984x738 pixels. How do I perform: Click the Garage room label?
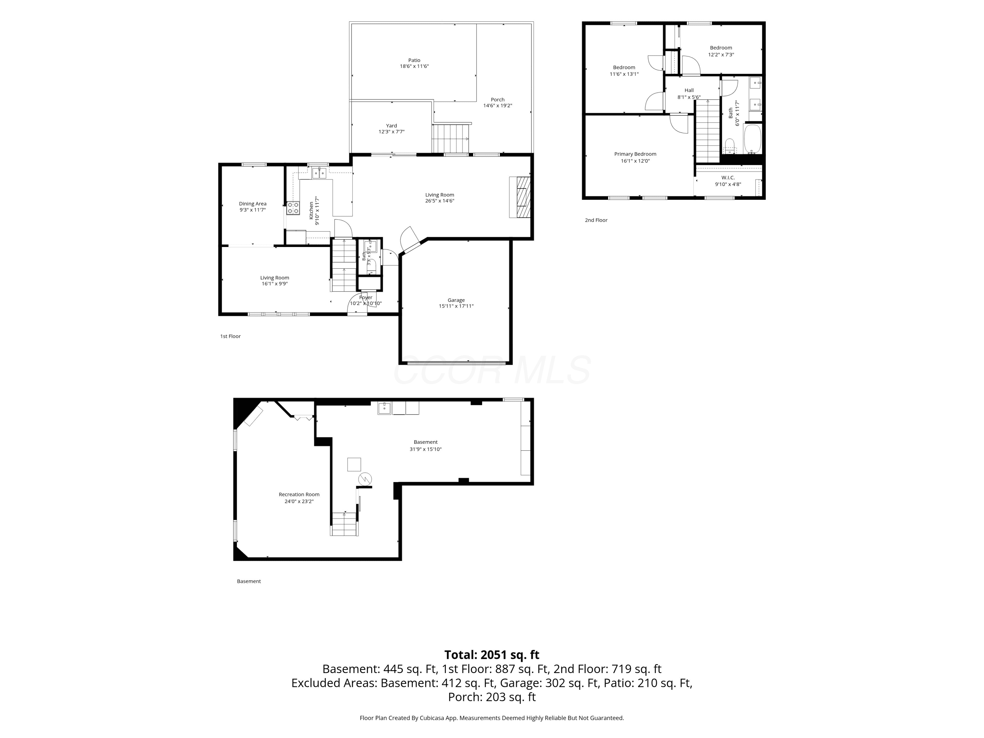coord(456,300)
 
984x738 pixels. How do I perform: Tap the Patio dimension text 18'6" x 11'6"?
coord(414,66)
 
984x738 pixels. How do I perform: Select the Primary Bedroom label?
coord(635,154)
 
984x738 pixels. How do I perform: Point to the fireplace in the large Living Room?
coord(520,197)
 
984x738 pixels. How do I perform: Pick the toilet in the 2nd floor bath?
coord(729,146)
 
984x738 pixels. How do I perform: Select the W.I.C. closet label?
coord(728,177)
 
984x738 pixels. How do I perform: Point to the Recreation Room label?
coord(299,494)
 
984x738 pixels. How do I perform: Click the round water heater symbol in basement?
coord(365,479)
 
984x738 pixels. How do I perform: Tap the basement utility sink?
coord(384,408)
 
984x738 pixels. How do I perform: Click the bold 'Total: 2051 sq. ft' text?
coord(492,655)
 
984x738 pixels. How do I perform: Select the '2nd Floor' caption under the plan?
coord(596,220)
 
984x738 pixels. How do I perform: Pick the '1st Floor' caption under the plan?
coord(231,336)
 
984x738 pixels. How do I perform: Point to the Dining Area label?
coord(253,204)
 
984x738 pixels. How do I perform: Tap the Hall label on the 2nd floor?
coord(689,90)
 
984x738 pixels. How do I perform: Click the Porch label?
coord(498,100)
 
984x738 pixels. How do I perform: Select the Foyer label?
coord(366,297)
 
